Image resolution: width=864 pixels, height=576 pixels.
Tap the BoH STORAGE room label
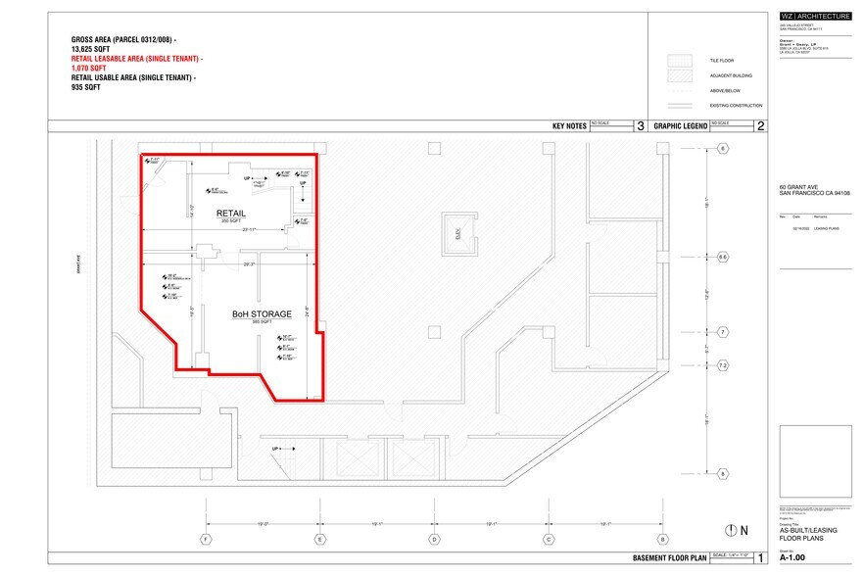pyautogui.click(x=262, y=314)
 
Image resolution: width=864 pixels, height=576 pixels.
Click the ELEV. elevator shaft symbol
pyautogui.click(x=456, y=234)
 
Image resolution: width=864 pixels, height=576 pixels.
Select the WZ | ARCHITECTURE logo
pyautogui.click(x=813, y=16)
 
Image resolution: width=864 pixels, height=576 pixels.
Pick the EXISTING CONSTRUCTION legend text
pyautogui.click(x=736, y=106)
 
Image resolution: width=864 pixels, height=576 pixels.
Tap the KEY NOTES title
pyautogui.click(x=569, y=126)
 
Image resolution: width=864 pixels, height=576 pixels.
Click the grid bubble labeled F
pyautogui.click(x=206, y=540)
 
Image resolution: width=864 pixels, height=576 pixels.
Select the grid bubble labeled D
pyautogui.click(x=434, y=540)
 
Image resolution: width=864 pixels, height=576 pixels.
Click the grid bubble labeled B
pyautogui.click(x=663, y=540)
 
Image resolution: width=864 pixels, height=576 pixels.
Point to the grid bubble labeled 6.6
pyautogui.click(x=723, y=257)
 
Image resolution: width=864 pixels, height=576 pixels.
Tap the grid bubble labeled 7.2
pyautogui.click(x=723, y=366)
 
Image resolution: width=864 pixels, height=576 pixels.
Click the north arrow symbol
pyautogui.click(x=729, y=530)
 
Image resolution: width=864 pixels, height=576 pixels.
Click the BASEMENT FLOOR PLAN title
pyautogui.click(x=671, y=559)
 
